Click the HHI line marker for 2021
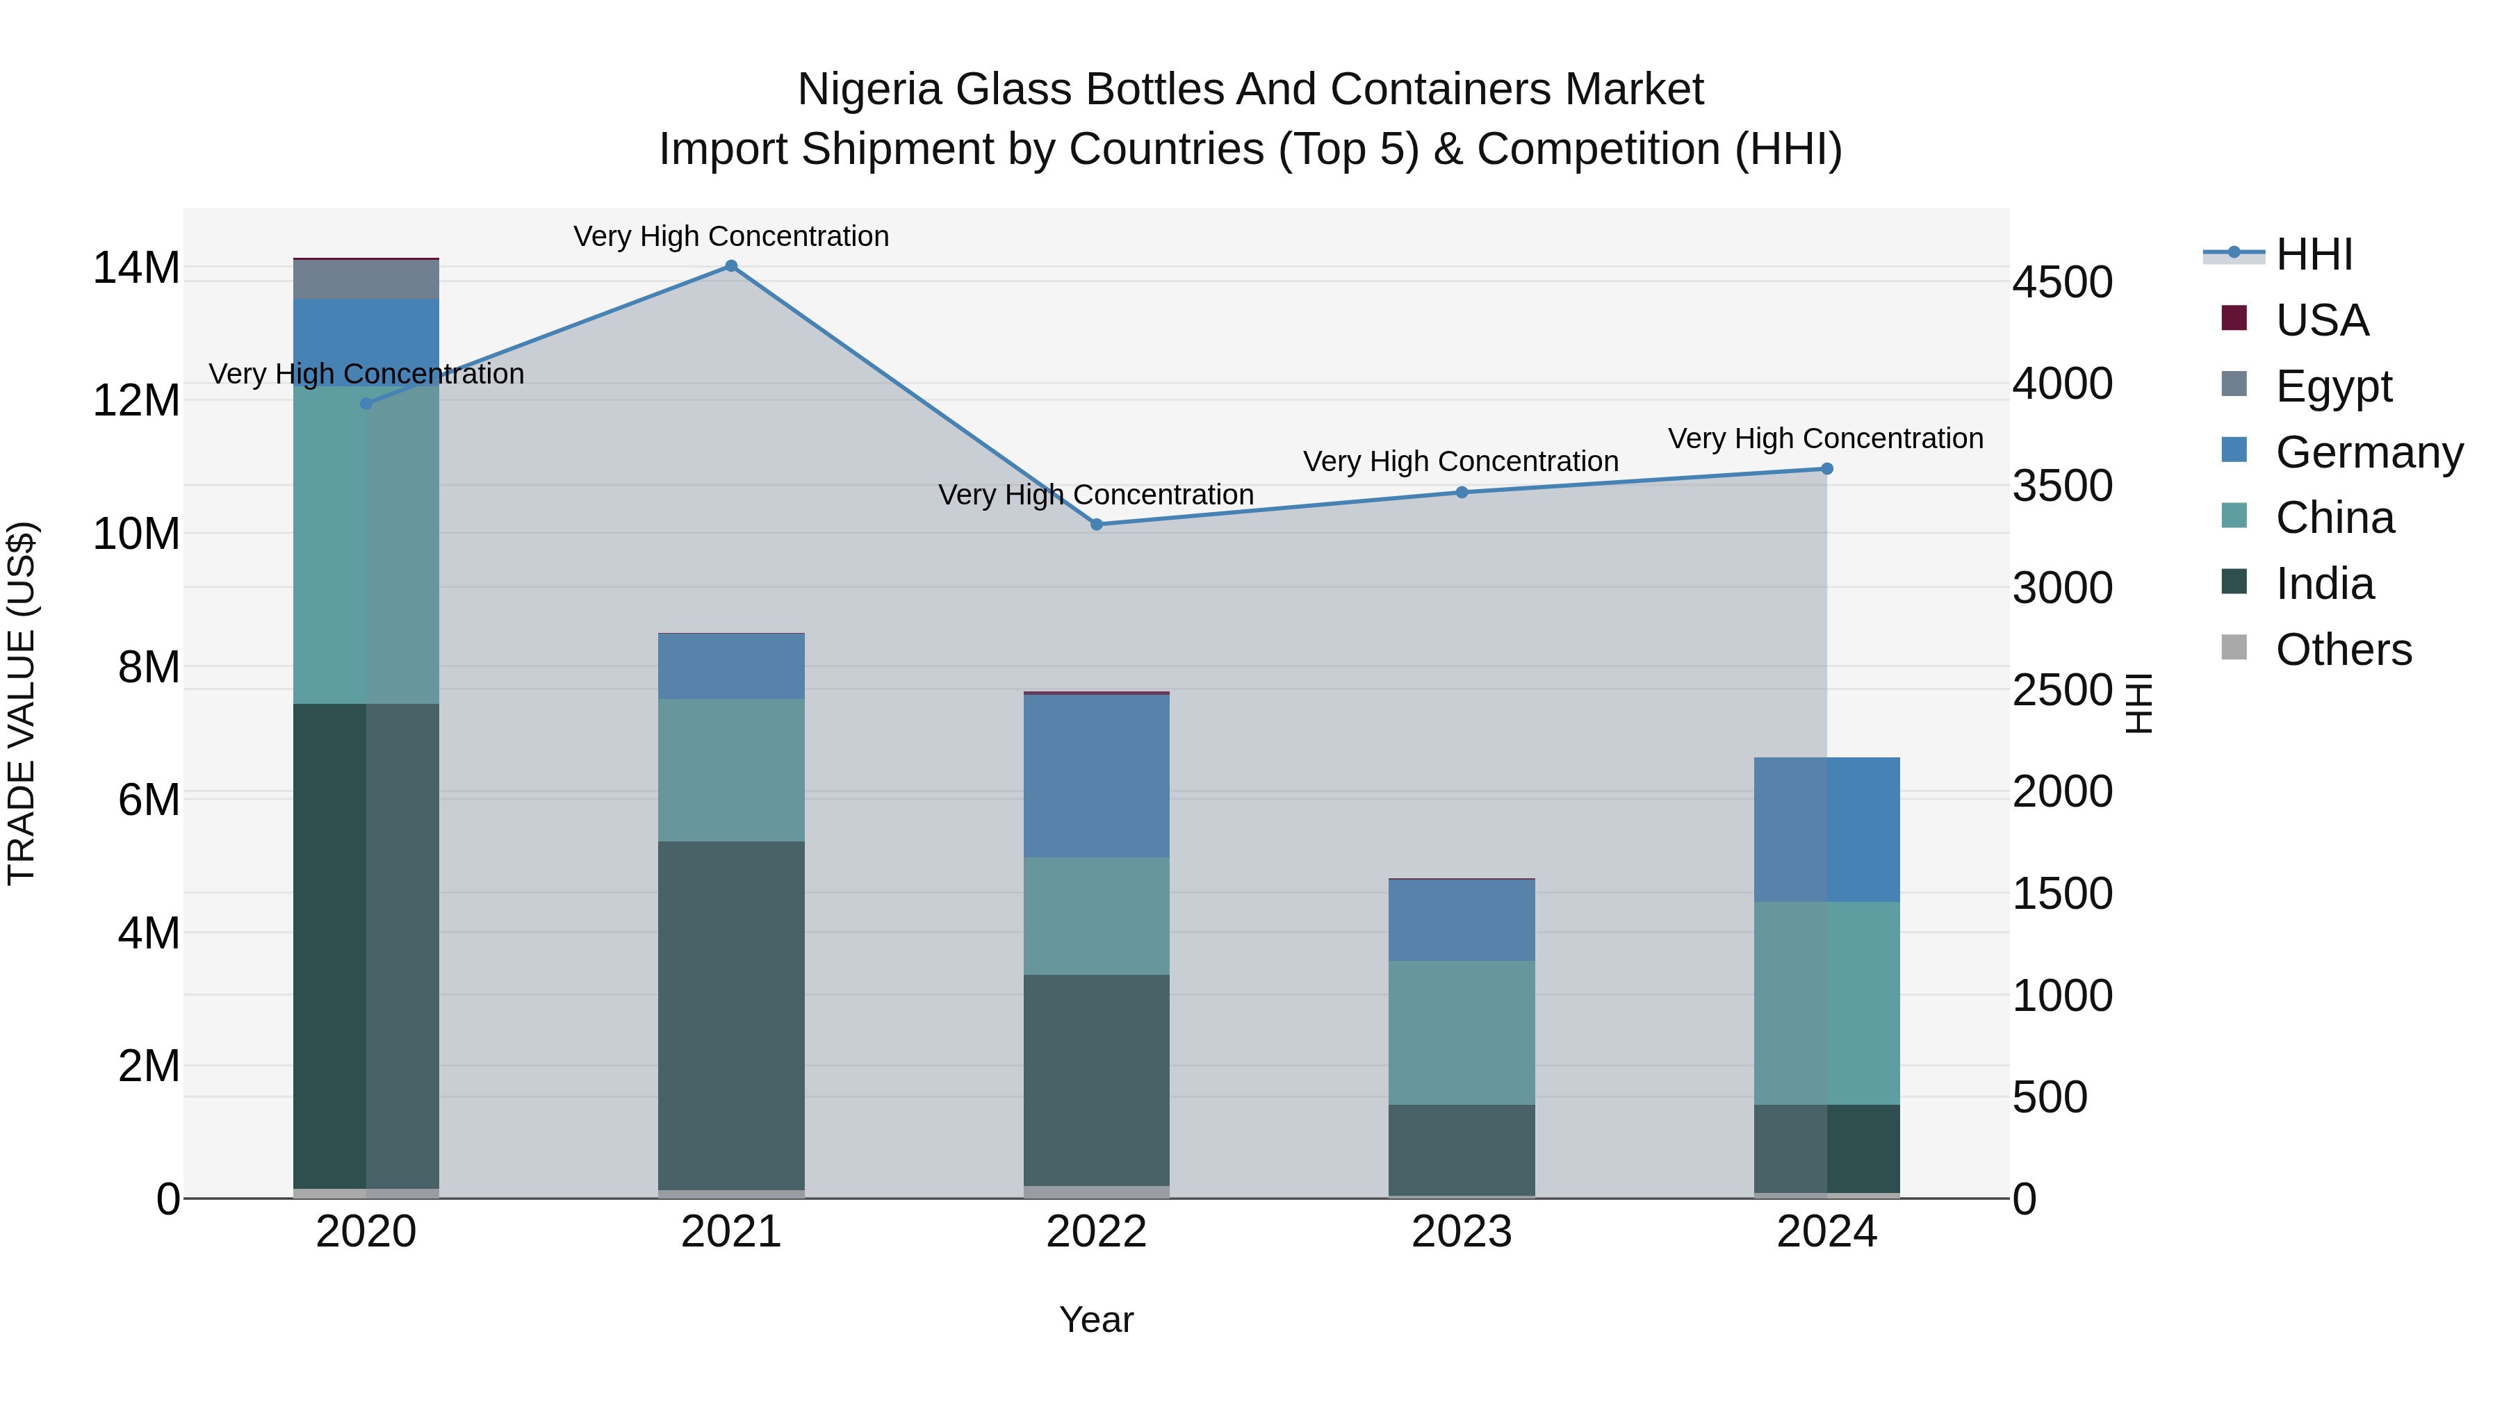point(731,266)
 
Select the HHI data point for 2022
point(1097,525)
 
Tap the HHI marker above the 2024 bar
point(1827,469)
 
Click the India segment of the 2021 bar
point(731,1014)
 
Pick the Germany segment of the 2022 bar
point(1097,776)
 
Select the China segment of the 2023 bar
point(1462,1032)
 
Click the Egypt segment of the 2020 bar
point(366,279)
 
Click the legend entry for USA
point(2321,320)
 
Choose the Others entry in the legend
point(2343,650)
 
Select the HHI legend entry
point(2314,254)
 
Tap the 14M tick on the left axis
point(136,268)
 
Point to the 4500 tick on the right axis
point(2062,283)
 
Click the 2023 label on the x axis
point(1462,1232)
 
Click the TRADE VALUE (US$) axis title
point(22,703)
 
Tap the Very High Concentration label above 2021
point(731,236)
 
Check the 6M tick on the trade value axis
point(149,800)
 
